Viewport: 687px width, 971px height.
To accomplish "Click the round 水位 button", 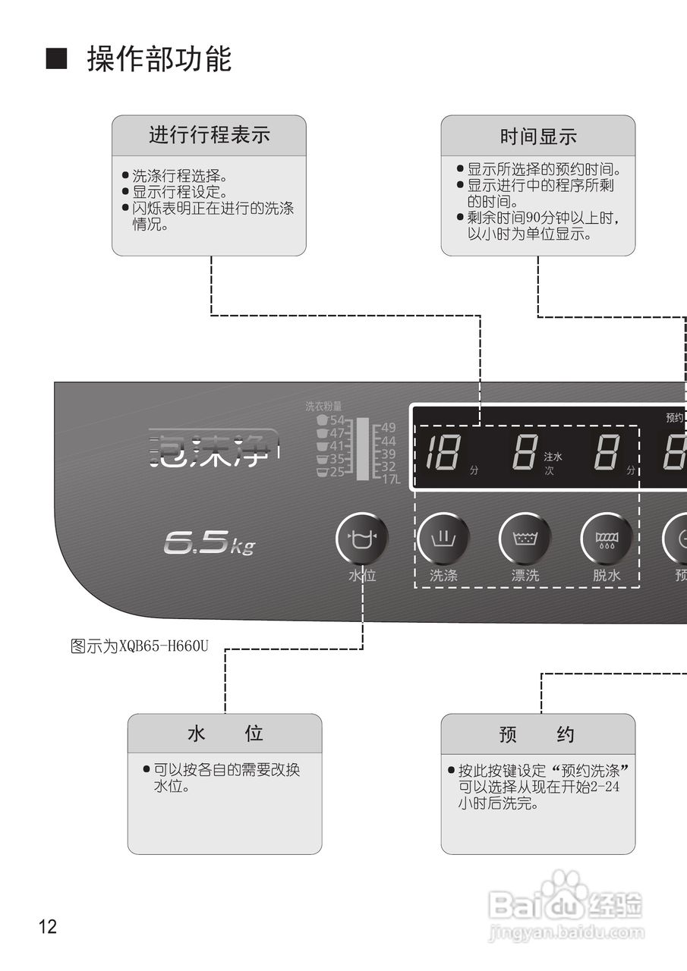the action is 362,539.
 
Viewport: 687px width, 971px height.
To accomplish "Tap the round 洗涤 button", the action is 443,539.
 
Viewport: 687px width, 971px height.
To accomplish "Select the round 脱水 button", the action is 607,539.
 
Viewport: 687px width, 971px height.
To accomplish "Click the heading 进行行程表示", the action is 209,136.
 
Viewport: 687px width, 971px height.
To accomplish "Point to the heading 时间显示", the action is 537,137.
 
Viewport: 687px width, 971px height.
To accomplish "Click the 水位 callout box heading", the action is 225,734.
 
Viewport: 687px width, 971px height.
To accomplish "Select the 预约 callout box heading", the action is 537,734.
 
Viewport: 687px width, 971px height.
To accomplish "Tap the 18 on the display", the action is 440,454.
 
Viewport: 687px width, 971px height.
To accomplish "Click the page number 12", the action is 47,926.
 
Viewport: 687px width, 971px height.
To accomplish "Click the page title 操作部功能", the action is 159,59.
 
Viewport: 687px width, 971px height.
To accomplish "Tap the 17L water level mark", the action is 390,479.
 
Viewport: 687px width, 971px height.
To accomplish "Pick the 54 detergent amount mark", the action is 337,420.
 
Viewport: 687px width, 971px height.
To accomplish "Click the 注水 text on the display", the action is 553,457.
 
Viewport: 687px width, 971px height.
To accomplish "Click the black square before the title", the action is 56,59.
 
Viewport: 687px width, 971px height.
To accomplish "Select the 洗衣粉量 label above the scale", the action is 323,407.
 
